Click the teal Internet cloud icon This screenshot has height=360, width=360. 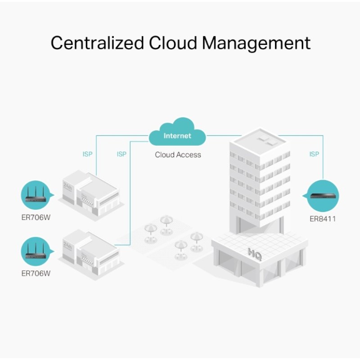click(177, 133)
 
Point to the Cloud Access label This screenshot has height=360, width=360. click(178, 155)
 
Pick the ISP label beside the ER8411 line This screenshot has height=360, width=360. click(314, 154)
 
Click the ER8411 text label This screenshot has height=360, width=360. click(323, 219)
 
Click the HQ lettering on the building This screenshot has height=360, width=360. click(253, 253)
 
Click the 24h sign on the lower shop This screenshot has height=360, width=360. click(68, 246)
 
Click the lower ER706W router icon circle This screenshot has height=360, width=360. click(36, 251)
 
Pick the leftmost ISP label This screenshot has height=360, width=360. click(88, 154)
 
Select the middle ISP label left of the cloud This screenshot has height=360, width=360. click(121, 154)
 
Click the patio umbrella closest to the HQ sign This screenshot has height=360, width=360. click(196, 237)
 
